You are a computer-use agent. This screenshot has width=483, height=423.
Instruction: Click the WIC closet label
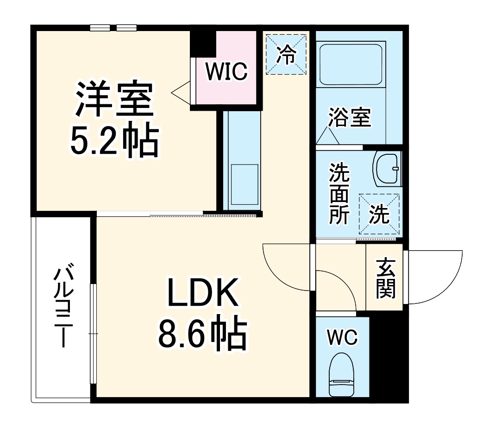(x=226, y=72)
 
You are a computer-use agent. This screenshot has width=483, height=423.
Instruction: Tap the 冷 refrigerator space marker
(x=286, y=55)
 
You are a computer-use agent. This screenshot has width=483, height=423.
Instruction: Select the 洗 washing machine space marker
(x=379, y=214)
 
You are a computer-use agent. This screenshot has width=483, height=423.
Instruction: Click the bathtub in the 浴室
(x=351, y=65)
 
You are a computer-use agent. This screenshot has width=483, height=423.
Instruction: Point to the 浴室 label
(x=350, y=117)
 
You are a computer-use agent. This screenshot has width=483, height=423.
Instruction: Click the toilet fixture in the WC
(x=342, y=374)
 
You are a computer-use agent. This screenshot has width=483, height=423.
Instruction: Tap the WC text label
(x=342, y=338)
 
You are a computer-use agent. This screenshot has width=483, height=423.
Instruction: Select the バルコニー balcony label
(x=62, y=307)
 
